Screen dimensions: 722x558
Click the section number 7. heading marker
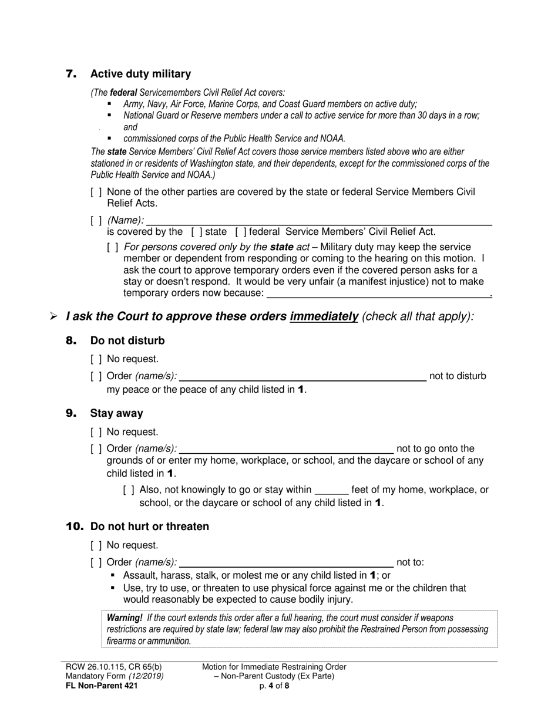click(x=71, y=74)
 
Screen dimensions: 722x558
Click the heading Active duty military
click(x=140, y=74)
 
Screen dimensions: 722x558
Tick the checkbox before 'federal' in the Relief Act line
click(x=240, y=232)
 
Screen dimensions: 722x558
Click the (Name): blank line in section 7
click(x=318, y=221)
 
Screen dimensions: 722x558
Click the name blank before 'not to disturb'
click(x=302, y=376)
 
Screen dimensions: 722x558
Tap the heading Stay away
click(x=116, y=413)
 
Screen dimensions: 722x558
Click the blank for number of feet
click(x=332, y=490)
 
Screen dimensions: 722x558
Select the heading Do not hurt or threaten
click(x=149, y=527)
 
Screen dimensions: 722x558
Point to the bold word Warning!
click(x=124, y=618)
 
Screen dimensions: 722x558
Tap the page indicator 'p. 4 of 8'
click(x=274, y=685)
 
